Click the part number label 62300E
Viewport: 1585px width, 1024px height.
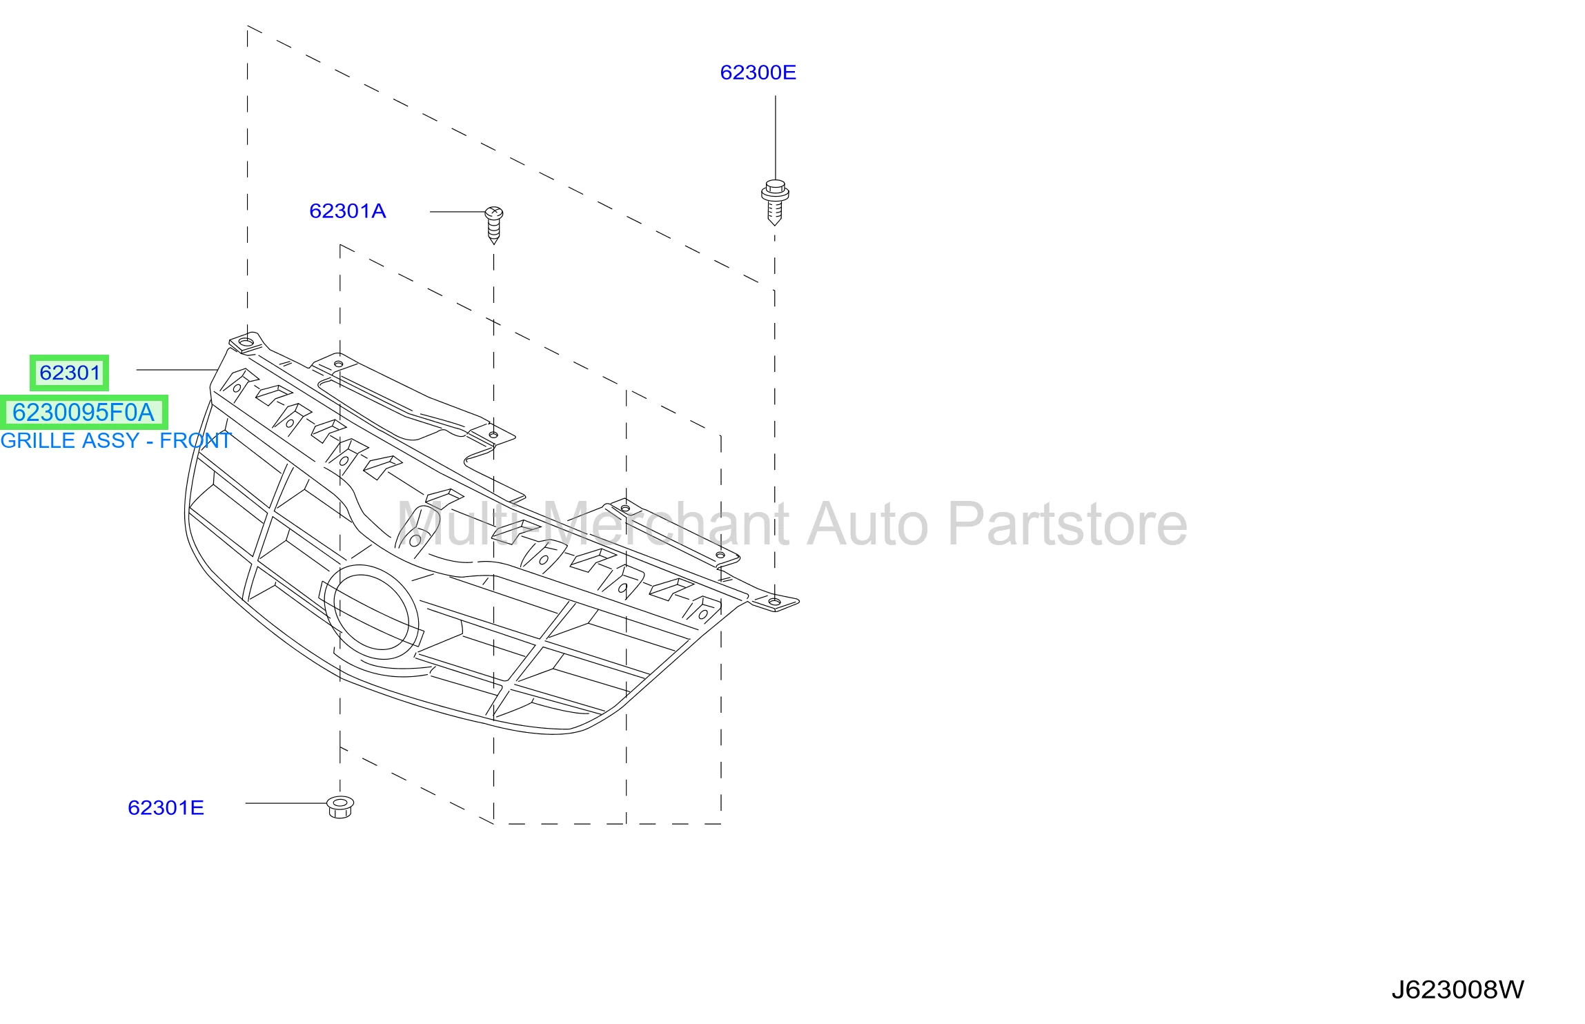click(x=758, y=72)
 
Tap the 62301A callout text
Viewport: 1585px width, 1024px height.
click(x=347, y=211)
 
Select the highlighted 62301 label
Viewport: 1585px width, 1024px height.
click(x=70, y=373)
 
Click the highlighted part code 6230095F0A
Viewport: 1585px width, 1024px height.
click(x=83, y=412)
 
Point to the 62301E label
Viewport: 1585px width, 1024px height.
click(x=166, y=808)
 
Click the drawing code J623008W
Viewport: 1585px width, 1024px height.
click(x=1457, y=989)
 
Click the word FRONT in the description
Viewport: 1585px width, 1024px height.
click(x=195, y=440)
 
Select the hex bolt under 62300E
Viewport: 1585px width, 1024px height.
click(x=775, y=202)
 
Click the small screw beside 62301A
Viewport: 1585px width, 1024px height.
click(x=494, y=224)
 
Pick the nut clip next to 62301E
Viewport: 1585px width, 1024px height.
click(x=340, y=807)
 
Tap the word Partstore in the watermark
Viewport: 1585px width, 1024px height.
click(x=1067, y=524)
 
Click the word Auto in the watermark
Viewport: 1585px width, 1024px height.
click(x=867, y=524)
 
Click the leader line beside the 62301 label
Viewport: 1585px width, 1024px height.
click(x=177, y=370)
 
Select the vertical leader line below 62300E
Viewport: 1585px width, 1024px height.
click(x=775, y=138)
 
